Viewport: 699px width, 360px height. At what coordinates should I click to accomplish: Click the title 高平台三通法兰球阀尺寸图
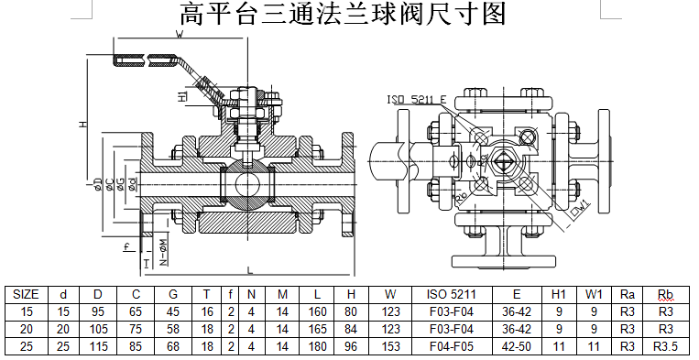pyautogui.click(x=343, y=14)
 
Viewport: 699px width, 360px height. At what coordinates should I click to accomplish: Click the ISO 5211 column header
pyautogui.click(x=452, y=294)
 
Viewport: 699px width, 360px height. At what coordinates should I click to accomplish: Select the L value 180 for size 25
pyautogui.click(x=317, y=346)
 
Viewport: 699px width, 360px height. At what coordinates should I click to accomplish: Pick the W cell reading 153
pyautogui.click(x=390, y=346)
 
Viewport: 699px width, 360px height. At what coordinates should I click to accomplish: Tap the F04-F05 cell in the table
pyautogui.click(x=452, y=346)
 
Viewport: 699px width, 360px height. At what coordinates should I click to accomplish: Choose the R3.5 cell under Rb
pyautogui.click(x=665, y=346)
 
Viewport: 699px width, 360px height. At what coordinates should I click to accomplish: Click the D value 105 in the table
pyautogui.click(x=98, y=329)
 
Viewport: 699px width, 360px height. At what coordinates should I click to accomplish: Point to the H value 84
pyautogui.click(x=351, y=329)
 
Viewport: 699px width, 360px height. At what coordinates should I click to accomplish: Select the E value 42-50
pyautogui.click(x=517, y=346)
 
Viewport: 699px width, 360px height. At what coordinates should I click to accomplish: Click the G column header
pyautogui.click(x=173, y=294)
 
